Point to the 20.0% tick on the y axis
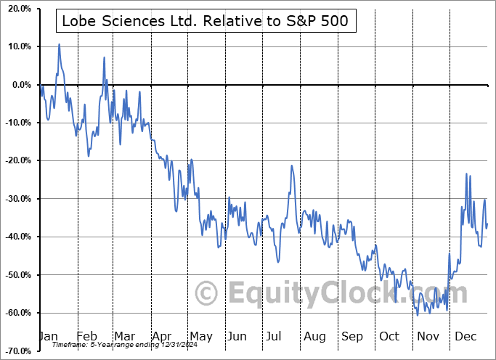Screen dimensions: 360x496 point(17,9)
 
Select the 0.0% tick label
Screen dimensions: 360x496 point(20,85)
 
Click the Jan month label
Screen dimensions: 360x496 point(48,337)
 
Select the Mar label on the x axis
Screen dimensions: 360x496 point(125,337)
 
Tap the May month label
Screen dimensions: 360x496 point(200,337)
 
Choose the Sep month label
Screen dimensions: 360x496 point(352,337)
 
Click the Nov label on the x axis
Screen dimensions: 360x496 point(428,337)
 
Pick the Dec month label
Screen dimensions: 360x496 point(465,337)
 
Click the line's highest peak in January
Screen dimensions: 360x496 point(59,44)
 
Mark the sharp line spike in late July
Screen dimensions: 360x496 point(291,166)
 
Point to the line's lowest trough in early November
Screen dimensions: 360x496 point(418,315)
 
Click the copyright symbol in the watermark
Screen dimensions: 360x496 point(207,294)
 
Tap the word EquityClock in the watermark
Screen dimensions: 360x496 point(349,294)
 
